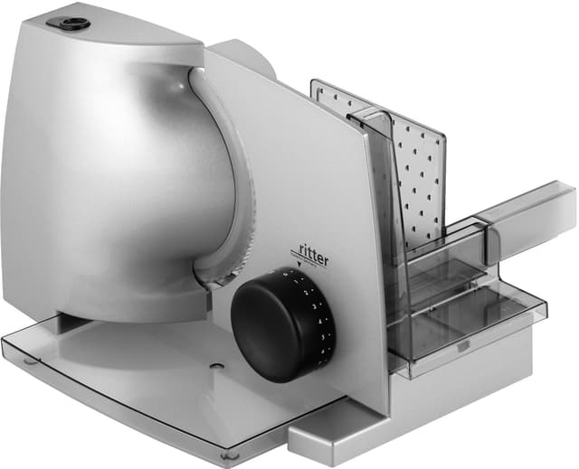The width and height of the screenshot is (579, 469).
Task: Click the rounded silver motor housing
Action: click(100, 181)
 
